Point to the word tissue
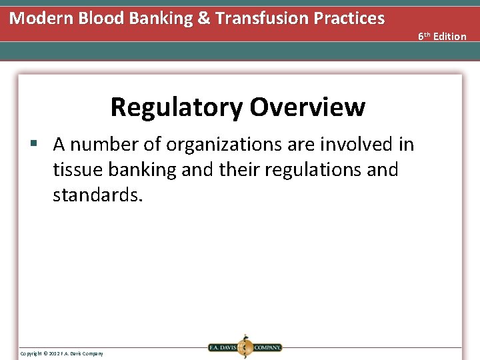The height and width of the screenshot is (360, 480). coord(78,170)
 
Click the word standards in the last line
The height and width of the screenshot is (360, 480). coord(97,196)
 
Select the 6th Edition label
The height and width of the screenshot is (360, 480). coord(442,36)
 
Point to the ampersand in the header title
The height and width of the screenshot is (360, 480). coord(203,18)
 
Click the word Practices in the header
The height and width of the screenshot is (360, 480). coord(351,18)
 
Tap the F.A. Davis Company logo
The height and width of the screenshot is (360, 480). coord(245,347)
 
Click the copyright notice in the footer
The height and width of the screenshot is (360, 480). coord(61,353)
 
